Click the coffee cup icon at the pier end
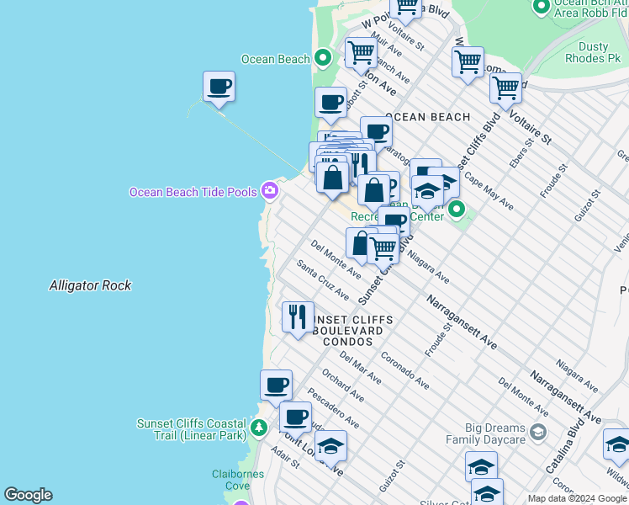click(x=219, y=86)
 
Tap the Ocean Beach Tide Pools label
click(x=193, y=192)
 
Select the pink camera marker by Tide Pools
click(x=270, y=190)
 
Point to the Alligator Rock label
click(x=90, y=285)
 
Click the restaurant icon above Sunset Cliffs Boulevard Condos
click(x=298, y=317)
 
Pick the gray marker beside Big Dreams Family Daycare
click(x=538, y=433)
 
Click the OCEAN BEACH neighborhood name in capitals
click(x=427, y=117)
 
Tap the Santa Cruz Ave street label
click(x=323, y=279)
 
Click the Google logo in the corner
click(x=28, y=495)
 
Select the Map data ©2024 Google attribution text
click(x=577, y=498)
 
